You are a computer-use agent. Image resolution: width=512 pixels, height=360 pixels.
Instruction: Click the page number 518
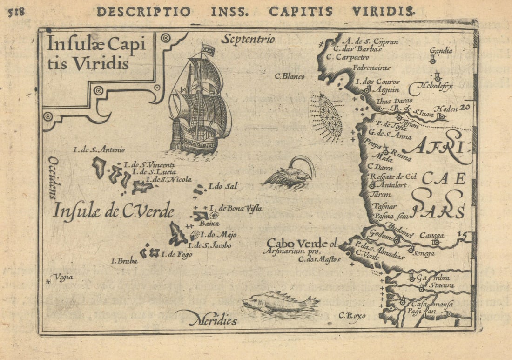[x=16, y=12]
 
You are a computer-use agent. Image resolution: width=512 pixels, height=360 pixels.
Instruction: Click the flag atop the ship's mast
[x=208, y=50]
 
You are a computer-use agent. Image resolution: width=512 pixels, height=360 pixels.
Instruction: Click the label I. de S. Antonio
[x=99, y=150]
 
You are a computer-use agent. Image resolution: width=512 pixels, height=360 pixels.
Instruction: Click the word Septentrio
[x=248, y=39]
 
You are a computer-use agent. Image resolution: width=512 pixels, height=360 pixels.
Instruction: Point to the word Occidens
[x=52, y=177]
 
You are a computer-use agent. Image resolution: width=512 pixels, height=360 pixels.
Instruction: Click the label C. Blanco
[x=290, y=76]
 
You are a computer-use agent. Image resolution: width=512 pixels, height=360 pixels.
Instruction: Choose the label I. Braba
[x=124, y=261]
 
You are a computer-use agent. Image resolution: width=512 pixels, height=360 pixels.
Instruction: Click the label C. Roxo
[x=352, y=316]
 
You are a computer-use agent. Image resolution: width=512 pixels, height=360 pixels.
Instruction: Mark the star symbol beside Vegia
[x=48, y=281]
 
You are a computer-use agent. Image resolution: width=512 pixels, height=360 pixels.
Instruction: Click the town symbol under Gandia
[x=433, y=60]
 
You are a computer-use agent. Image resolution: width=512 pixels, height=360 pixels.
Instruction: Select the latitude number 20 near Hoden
[x=464, y=108]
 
